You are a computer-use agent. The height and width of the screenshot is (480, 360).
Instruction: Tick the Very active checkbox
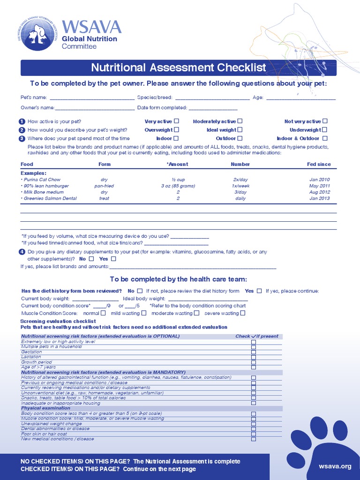(177, 121)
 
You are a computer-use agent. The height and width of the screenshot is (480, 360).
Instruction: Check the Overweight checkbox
(177, 130)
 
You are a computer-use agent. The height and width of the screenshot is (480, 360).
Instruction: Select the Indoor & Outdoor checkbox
(325, 138)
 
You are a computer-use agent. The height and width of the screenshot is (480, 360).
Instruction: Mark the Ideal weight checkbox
(240, 130)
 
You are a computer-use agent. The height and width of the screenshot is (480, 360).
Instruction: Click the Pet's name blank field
(92, 98)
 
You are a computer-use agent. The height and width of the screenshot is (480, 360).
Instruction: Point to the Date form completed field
(213, 108)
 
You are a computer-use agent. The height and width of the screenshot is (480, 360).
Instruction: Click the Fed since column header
(319, 164)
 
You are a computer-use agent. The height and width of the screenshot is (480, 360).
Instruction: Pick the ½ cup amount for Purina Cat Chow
(178, 180)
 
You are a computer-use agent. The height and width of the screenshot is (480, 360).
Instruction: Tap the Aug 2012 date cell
(320, 192)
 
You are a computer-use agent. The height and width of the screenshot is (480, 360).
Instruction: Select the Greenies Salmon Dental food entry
(50, 198)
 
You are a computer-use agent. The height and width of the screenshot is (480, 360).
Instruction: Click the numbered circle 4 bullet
(22, 252)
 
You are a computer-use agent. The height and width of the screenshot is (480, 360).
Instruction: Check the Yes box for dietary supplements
(113, 259)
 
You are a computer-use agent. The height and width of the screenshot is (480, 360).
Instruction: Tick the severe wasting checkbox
(242, 313)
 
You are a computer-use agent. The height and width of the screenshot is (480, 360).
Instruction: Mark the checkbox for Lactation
(254, 357)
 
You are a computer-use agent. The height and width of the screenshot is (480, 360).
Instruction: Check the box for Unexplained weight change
(254, 424)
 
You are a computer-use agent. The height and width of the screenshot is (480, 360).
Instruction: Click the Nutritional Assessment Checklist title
(179, 67)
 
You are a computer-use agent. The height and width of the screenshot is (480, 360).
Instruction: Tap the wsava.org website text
(335, 466)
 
